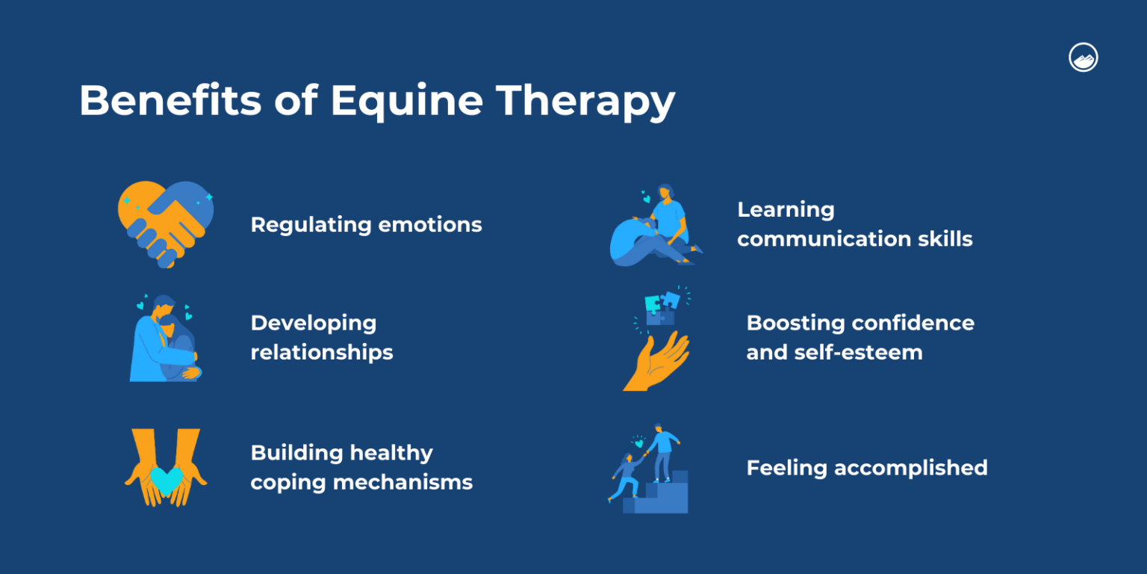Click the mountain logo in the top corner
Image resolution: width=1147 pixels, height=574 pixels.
click(x=1083, y=58)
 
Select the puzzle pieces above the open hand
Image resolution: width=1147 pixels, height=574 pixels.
click(x=660, y=307)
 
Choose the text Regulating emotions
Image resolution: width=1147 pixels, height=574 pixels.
click(x=366, y=224)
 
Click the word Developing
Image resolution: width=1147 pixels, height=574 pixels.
click(x=314, y=323)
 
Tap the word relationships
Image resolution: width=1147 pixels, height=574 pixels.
click(x=322, y=352)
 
